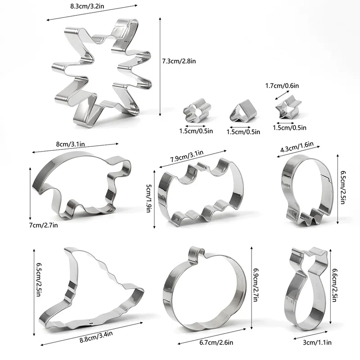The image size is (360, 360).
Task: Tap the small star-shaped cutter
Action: coord(288,107)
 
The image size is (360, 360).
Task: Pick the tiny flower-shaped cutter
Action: coord(197,111)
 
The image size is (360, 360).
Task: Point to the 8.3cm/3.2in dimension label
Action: coord(87,6)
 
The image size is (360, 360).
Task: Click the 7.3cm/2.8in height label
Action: coord(179,61)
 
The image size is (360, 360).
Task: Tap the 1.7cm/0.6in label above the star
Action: coord(282,85)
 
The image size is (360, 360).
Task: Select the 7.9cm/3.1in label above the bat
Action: coord(187,156)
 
